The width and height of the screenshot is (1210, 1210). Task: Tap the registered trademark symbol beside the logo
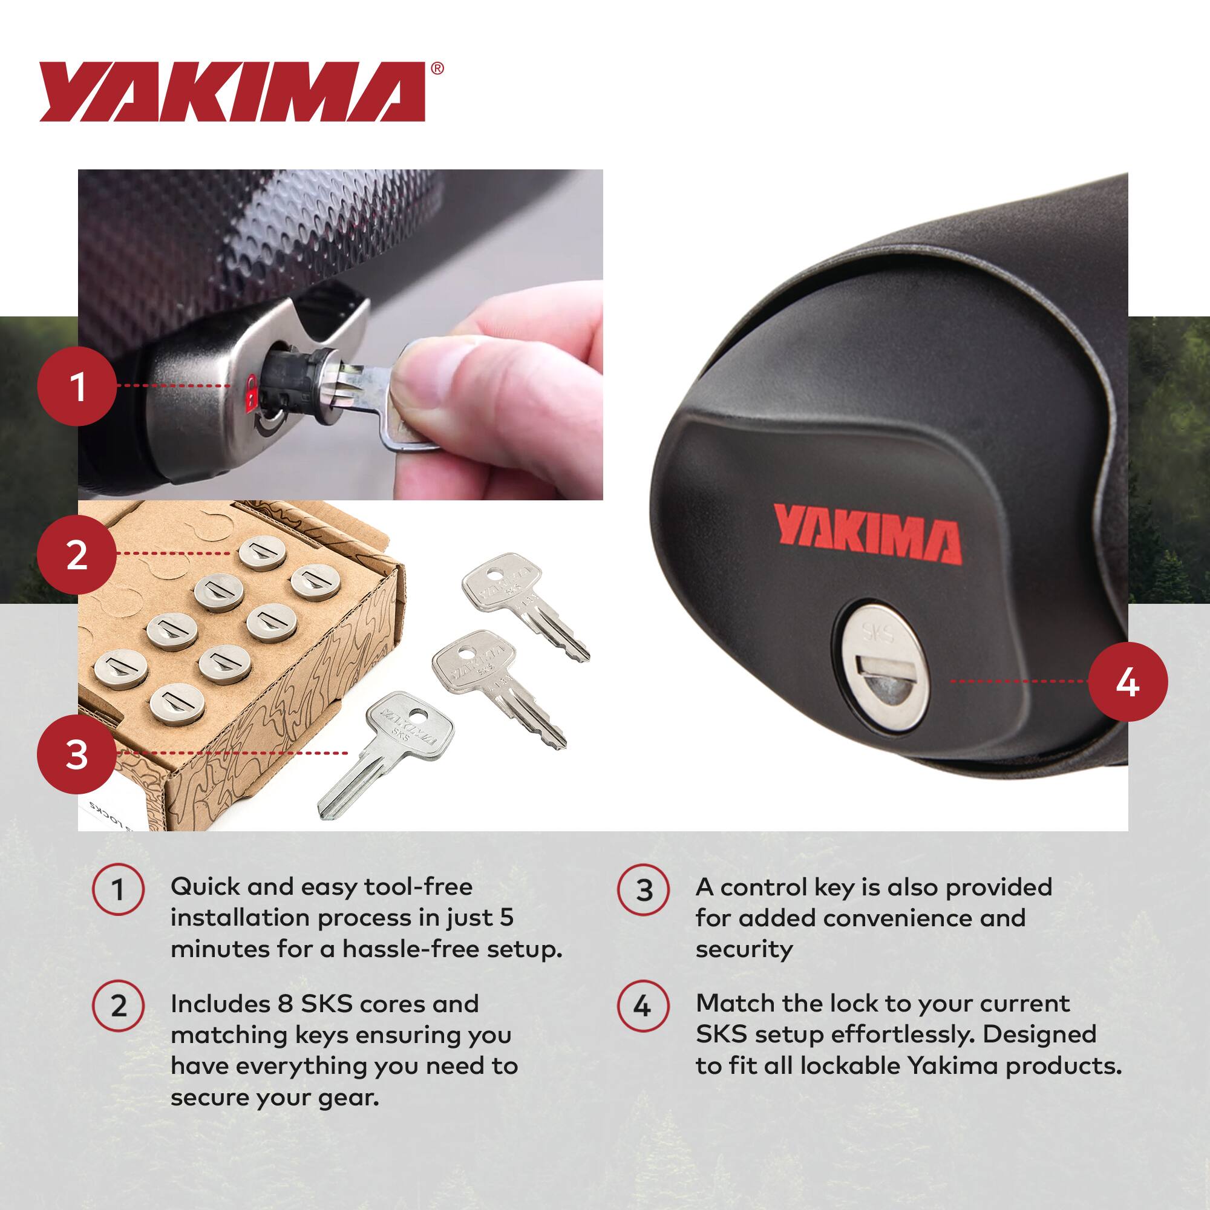pos(438,68)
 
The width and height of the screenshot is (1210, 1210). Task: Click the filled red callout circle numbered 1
pos(77,387)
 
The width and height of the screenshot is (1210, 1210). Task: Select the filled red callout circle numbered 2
pos(77,554)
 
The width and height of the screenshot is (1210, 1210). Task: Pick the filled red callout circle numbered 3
pos(77,753)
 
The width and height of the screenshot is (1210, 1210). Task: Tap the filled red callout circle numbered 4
pos(1127,681)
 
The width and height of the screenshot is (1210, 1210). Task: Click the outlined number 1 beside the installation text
pos(118,889)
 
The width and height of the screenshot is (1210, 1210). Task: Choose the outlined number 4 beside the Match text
pos(643,1006)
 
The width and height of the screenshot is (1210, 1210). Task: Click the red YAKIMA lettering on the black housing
pos(868,534)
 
